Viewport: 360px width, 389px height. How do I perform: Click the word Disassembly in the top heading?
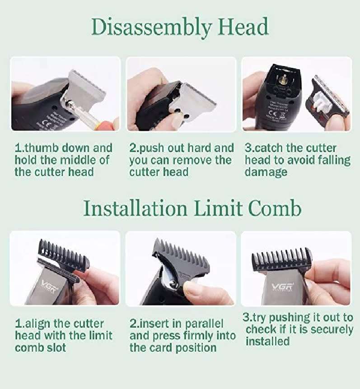151,28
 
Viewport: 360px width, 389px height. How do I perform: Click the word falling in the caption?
330,160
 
